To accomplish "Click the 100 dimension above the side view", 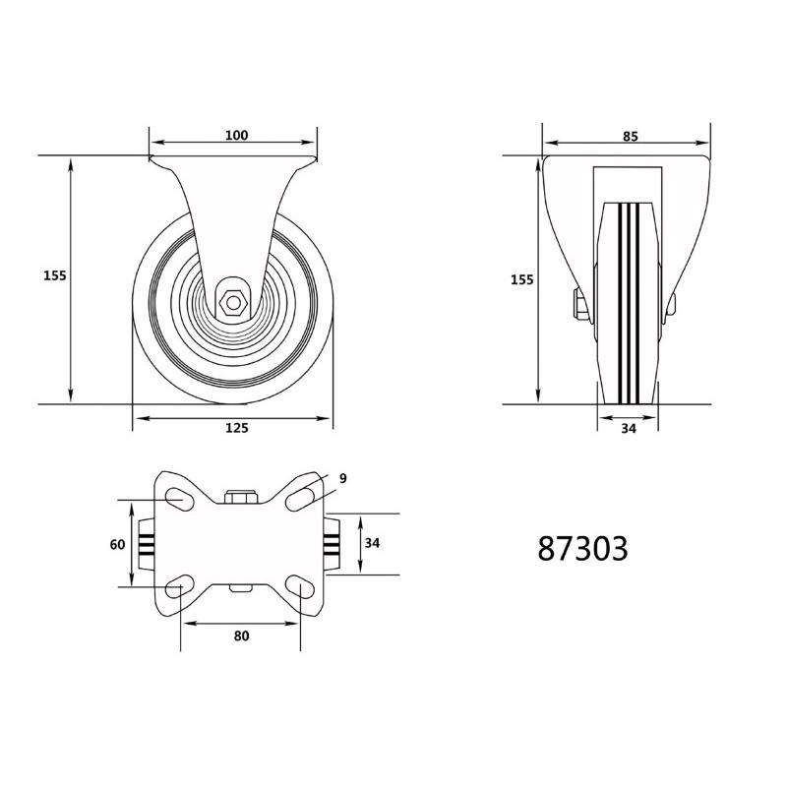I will (236, 136).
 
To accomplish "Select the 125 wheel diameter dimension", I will (236, 428).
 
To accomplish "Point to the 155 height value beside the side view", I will (55, 276).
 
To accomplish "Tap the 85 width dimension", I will (630, 137).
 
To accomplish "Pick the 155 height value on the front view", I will (522, 280).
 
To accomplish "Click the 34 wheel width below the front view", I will (630, 428).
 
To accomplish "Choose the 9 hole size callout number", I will (343, 479).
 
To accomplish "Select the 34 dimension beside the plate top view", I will (372, 543).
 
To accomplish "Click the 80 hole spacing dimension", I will (241, 636).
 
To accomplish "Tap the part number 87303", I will (582, 549).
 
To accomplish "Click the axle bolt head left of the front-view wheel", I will (580, 307).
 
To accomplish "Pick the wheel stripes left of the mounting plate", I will (146, 544).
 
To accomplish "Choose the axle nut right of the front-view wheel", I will (671, 308).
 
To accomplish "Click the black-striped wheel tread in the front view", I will (630, 295).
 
